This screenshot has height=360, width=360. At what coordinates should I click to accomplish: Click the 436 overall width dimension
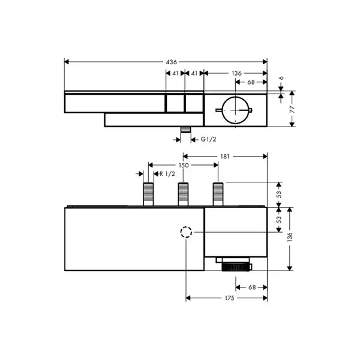click(172, 62)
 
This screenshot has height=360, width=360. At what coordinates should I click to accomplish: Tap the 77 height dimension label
click(292, 109)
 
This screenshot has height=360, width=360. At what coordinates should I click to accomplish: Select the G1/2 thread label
click(208, 139)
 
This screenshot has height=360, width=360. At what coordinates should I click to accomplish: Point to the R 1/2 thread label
click(167, 174)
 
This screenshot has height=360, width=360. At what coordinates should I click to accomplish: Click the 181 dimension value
click(225, 157)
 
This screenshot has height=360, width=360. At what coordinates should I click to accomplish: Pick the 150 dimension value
click(184, 166)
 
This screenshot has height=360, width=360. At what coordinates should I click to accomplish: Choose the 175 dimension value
click(230, 298)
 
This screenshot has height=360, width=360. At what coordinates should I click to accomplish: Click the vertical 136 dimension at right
click(290, 237)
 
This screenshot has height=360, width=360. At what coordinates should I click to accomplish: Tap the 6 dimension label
click(281, 78)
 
